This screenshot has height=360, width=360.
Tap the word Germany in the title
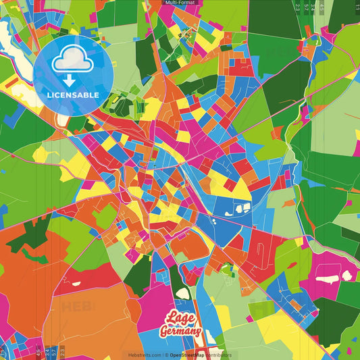tap(180, 332)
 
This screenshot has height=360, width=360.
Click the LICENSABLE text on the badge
tap(73, 95)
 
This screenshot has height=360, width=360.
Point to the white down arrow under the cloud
tap(73, 79)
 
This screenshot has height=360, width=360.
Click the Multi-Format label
tap(180, 3)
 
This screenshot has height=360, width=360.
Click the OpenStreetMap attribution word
tap(190, 355)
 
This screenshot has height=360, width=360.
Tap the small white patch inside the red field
tap(76, 284)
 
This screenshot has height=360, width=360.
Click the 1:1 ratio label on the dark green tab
tap(357, 7)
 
